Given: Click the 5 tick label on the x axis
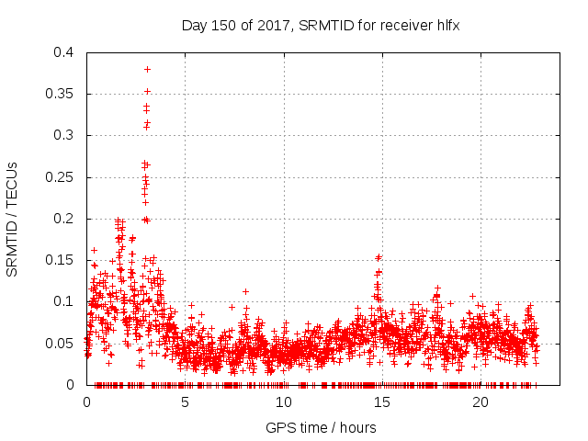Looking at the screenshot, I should point(185,402).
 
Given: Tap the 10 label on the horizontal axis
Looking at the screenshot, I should point(283,402).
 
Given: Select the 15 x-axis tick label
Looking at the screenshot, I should point(381,402).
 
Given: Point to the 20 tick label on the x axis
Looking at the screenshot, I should point(480,402).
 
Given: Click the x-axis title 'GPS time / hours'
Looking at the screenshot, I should point(321,427).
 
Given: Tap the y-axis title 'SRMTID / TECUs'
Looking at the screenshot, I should point(13,219).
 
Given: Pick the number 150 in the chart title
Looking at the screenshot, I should point(221,25).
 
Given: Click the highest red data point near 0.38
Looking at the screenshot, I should point(147,69).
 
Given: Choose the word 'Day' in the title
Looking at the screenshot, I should point(194,25).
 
